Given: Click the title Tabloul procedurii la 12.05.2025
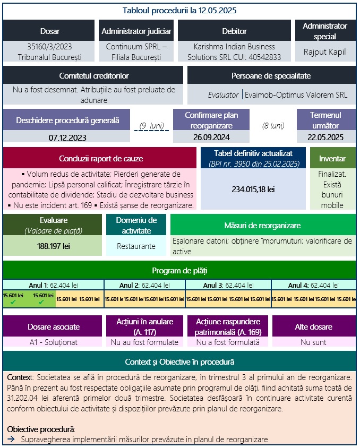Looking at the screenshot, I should point(179,10).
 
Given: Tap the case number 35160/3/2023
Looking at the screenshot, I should point(50,47).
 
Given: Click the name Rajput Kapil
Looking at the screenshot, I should point(324,52).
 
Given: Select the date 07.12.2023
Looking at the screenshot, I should point(67,137).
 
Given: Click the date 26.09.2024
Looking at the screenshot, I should point(211,137).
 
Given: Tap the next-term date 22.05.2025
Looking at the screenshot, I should point(325,137).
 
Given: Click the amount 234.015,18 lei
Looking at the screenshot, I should point(253,189).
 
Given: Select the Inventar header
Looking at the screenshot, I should point(332,158).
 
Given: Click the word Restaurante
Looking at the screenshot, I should point(136,246).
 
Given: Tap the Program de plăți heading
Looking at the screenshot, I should point(179,270).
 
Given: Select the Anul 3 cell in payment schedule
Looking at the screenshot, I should point(228,285).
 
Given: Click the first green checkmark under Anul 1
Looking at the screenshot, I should point(13,303).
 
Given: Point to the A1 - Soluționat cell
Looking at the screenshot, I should point(53,342).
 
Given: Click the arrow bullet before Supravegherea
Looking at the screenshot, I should point(11,440).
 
